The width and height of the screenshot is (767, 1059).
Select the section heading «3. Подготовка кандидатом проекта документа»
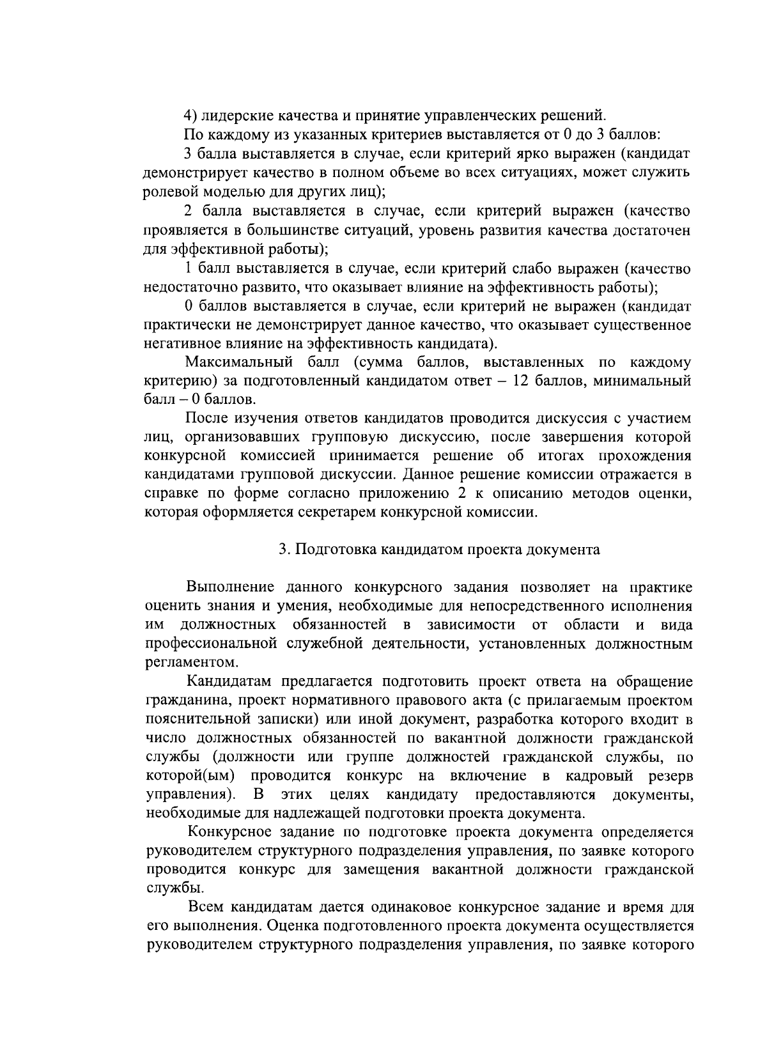coord(440,550)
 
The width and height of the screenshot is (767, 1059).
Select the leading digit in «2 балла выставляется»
coord(188,210)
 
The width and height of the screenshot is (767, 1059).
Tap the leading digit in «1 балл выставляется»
coord(188,268)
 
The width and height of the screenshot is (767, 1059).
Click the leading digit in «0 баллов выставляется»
coord(188,306)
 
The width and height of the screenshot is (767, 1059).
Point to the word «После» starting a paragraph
coord(206,419)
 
